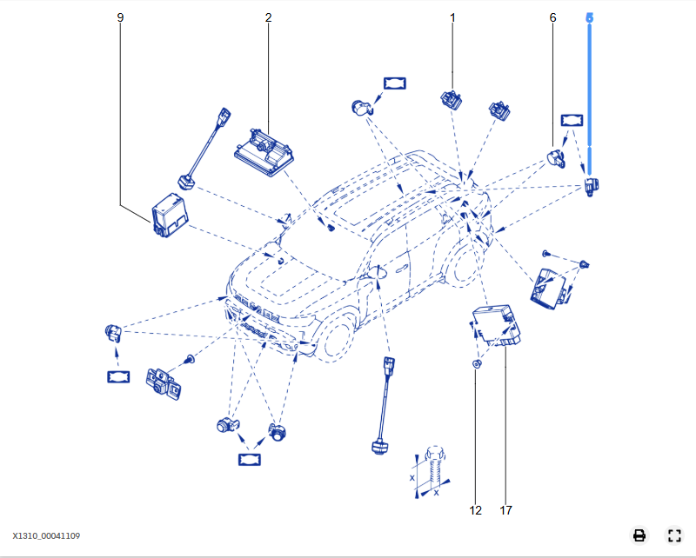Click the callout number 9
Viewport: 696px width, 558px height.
click(120, 17)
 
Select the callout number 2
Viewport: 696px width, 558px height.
click(268, 17)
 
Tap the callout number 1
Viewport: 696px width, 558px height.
click(452, 17)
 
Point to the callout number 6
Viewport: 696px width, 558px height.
click(552, 17)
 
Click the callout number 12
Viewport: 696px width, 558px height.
click(475, 510)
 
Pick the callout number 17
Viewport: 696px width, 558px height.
click(505, 510)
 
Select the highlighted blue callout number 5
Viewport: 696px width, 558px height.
click(589, 17)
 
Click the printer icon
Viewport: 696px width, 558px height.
click(639, 535)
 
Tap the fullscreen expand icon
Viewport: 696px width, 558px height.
click(673, 535)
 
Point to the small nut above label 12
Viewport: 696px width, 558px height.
click(476, 364)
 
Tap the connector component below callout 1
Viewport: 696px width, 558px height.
click(452, 98)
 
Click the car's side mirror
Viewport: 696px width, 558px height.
click(380, 273)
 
